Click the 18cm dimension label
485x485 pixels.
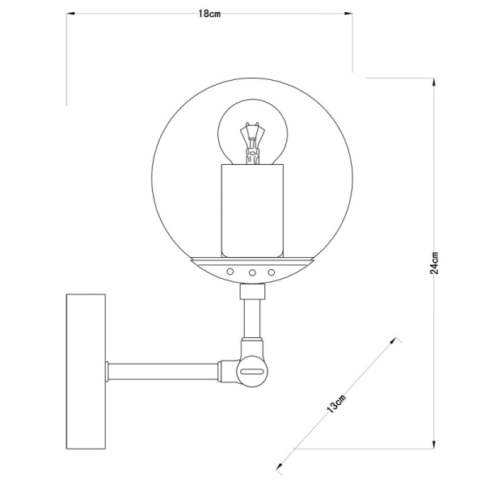pos(209,14)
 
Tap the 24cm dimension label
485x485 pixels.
pos(435,262)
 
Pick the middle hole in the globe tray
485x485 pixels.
pos(252,272)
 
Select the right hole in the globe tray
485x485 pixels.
pos(272,272)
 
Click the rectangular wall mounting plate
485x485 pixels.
pos(85,371)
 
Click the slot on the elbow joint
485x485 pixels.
pos(253,372)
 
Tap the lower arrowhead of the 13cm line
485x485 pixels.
pos(280,466)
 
